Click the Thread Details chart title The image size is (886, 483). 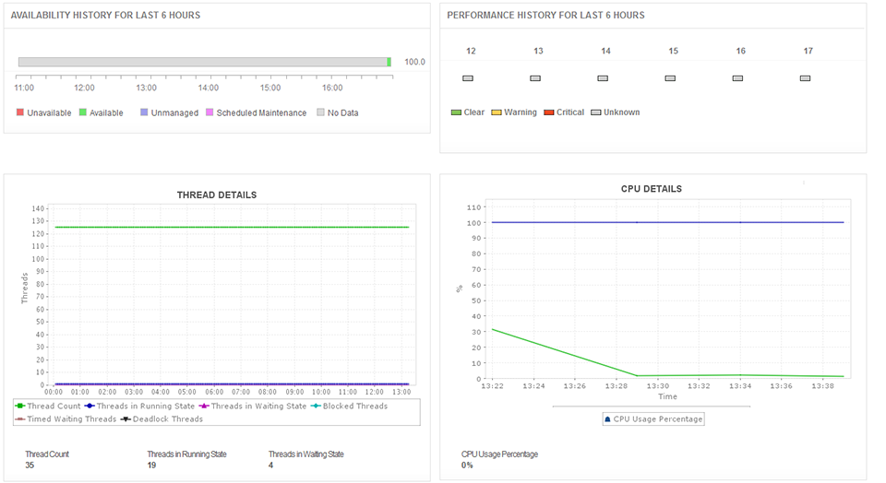point(217,194)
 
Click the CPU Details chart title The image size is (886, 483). point(652,189)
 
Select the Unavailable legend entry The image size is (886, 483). point(43,112)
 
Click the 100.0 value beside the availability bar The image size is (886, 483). point(415,62)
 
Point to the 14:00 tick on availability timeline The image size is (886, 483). point(209,88)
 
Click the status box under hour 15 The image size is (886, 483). point(670,78)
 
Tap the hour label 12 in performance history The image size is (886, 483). point(471,52)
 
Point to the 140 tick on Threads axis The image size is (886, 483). point(38,208)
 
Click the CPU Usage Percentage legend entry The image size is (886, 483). point(653,418)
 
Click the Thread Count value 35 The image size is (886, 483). point(30,465)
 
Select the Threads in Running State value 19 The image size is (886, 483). point(152,465)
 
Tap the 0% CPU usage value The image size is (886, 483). point(467,465)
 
